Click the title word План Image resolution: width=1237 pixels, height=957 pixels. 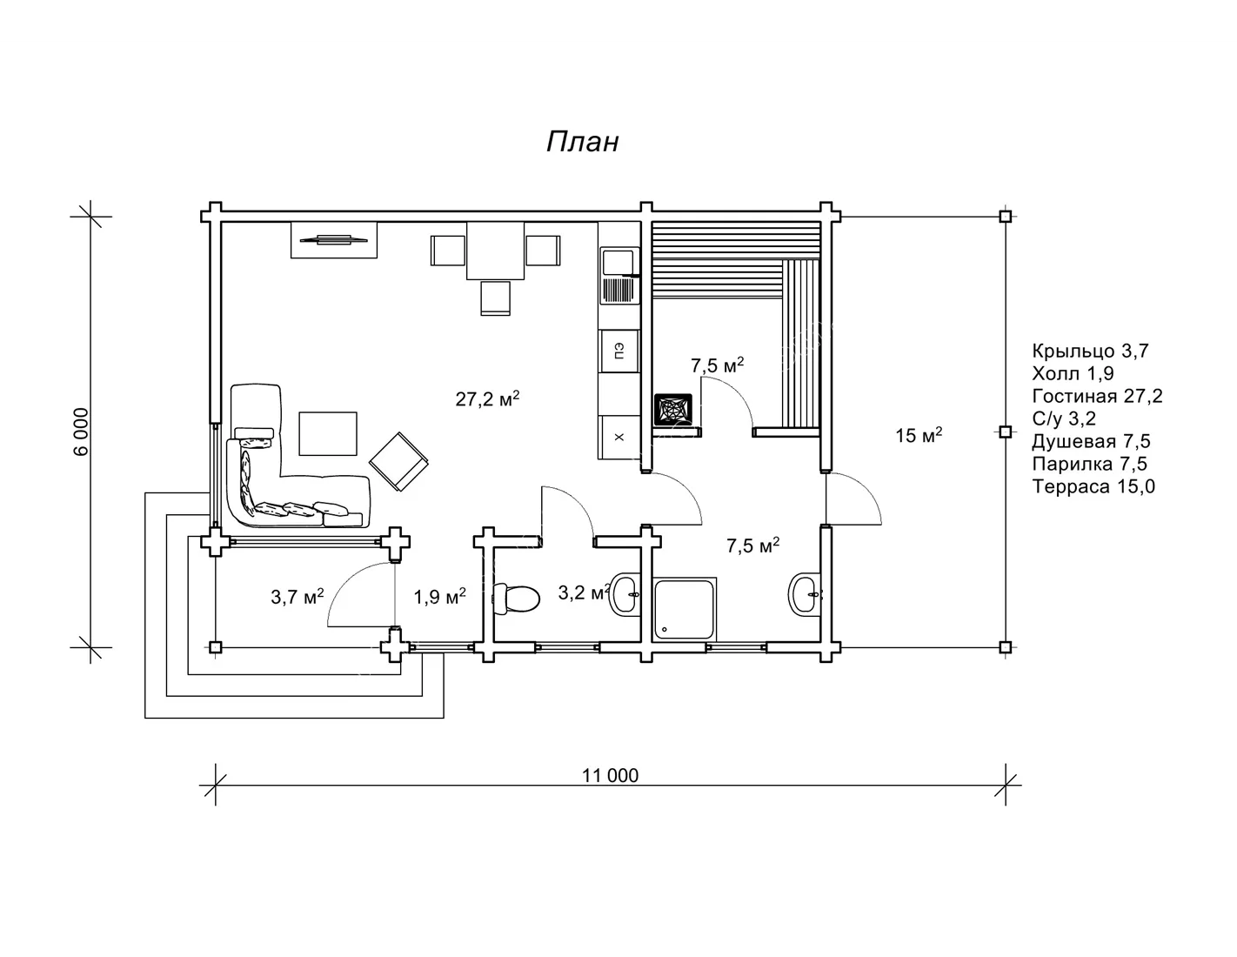click(x=582, y=142)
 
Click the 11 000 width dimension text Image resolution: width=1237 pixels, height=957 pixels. click(x=610, y=775)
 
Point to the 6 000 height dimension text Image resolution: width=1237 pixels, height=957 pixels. click(x=82, y=432)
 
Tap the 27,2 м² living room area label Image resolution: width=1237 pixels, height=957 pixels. click(x=487, y=398)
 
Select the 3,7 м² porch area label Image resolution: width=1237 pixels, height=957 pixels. click(x=298, y=597)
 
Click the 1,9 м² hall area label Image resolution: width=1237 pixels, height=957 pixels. click(x=439, y=597)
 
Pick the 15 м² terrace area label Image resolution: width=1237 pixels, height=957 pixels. click(x=919, y=435)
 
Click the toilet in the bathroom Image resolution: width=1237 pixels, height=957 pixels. click(x=515, y=599)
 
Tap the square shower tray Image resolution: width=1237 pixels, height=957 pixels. click(x=685, y=609)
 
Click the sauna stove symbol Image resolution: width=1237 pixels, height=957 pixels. click(x=672, y=409)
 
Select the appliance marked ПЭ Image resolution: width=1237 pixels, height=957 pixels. click(x=619, y=351)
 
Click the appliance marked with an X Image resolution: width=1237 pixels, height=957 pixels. click(x=619, y=437)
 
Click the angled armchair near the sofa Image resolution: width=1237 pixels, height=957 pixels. click(x=398, y=462)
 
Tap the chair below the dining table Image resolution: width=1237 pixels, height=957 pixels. click(x=495, y=298)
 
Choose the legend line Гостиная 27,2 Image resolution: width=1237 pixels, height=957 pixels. click(x=1097, y=396)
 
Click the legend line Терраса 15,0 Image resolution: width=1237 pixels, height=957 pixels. click(x=1093, y=486)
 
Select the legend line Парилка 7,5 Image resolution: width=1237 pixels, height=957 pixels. click(x=1090, y=464)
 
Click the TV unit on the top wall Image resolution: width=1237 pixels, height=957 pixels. click(x=333, y=239)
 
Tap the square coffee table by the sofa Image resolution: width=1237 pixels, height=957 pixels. click(x=328, y=434)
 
